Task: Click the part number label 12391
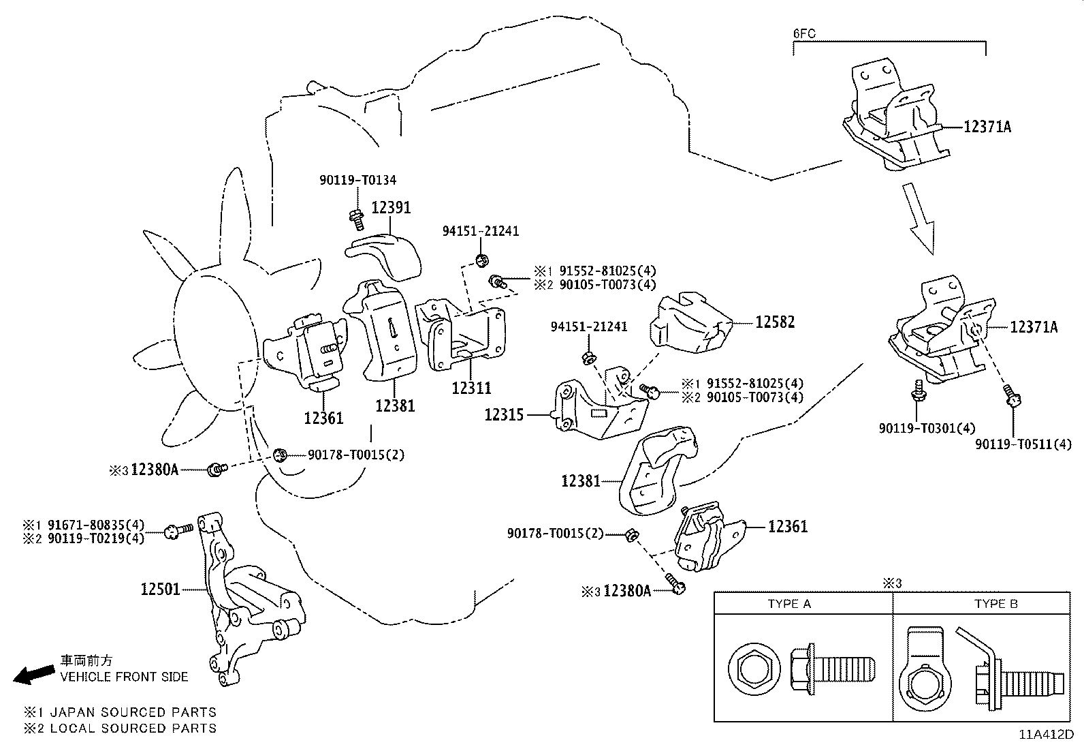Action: (x=391, y=207)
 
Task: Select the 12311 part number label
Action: (x=471, y=388)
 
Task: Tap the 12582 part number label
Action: (x=775, y=322)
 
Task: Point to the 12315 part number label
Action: (x=504, y=414)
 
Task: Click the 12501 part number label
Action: (x=161, y=589)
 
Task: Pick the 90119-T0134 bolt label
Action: (x=357, y=180)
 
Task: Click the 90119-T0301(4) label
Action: (x=927, y=428)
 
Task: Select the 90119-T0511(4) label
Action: (x=1023, y=444)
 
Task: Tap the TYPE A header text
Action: (x=789, y=604)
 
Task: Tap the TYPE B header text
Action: (x=995, y=604)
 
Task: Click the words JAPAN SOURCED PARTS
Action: (x=158, y=712)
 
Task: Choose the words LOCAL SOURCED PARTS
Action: (x=158, y=729)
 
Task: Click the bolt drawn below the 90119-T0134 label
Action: (x=355, y=217)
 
